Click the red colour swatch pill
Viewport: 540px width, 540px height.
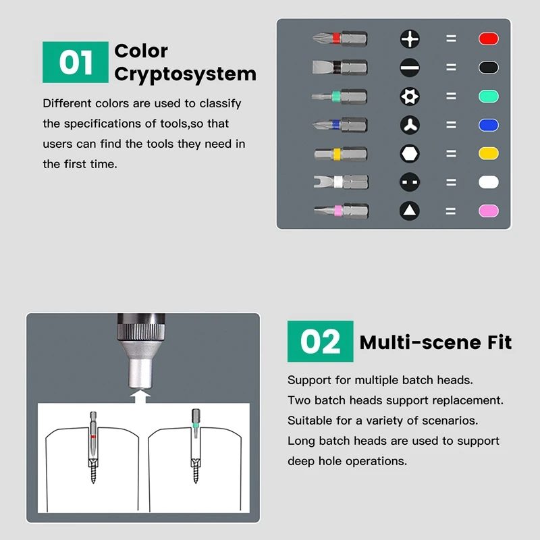[488, 38]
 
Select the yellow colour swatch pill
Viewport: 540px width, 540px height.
[488, 154]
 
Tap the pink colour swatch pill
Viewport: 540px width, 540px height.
[488, 211]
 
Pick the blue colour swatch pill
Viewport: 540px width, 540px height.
[488, 125]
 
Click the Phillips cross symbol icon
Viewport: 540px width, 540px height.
[410, 38]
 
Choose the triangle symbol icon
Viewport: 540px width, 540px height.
[410, 211]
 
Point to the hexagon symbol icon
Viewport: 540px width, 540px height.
[410, 154]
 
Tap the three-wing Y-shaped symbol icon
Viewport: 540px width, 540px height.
[410, 125]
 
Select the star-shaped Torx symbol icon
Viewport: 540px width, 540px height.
[410, 96]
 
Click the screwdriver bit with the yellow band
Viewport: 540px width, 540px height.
[341, 154]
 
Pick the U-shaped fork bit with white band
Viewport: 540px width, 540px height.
[341, 182]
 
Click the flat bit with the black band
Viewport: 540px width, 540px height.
[340, 67]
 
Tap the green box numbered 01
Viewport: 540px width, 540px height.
[76, 62]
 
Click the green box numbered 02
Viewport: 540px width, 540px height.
[320, 342]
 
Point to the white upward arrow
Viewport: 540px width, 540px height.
[140, 396]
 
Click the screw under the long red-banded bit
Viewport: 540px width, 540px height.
[93, 470]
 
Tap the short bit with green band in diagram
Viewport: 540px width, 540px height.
[196, 423]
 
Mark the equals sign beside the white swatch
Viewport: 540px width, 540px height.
[451, 182]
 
